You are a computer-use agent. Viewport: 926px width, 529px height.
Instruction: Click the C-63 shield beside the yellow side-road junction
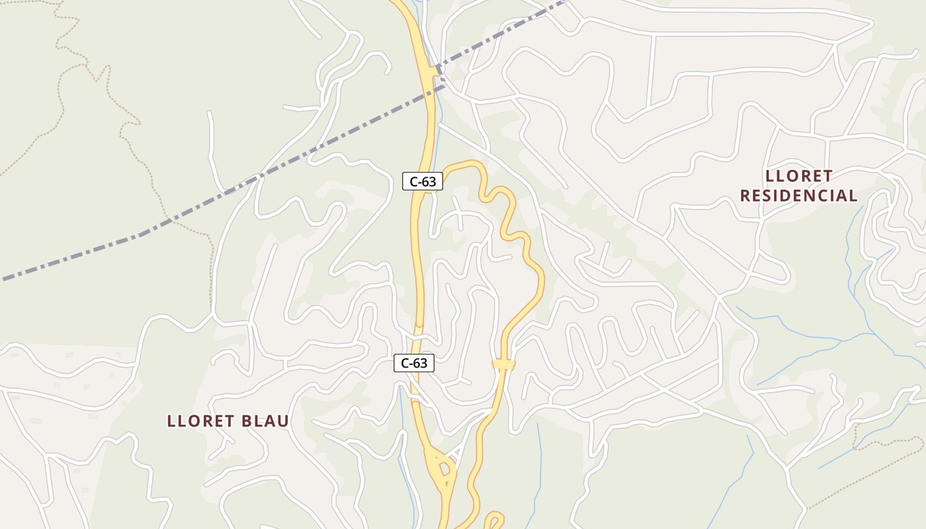coord(422,181)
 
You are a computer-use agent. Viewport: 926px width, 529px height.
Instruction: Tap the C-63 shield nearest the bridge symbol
coord(414,362)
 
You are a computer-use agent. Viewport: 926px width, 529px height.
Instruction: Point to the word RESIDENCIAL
coord(798,196)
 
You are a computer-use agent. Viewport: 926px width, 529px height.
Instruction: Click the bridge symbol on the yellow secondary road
coord(503,364)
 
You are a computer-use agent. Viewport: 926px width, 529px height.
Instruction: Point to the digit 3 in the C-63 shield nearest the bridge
coord(427,363)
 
